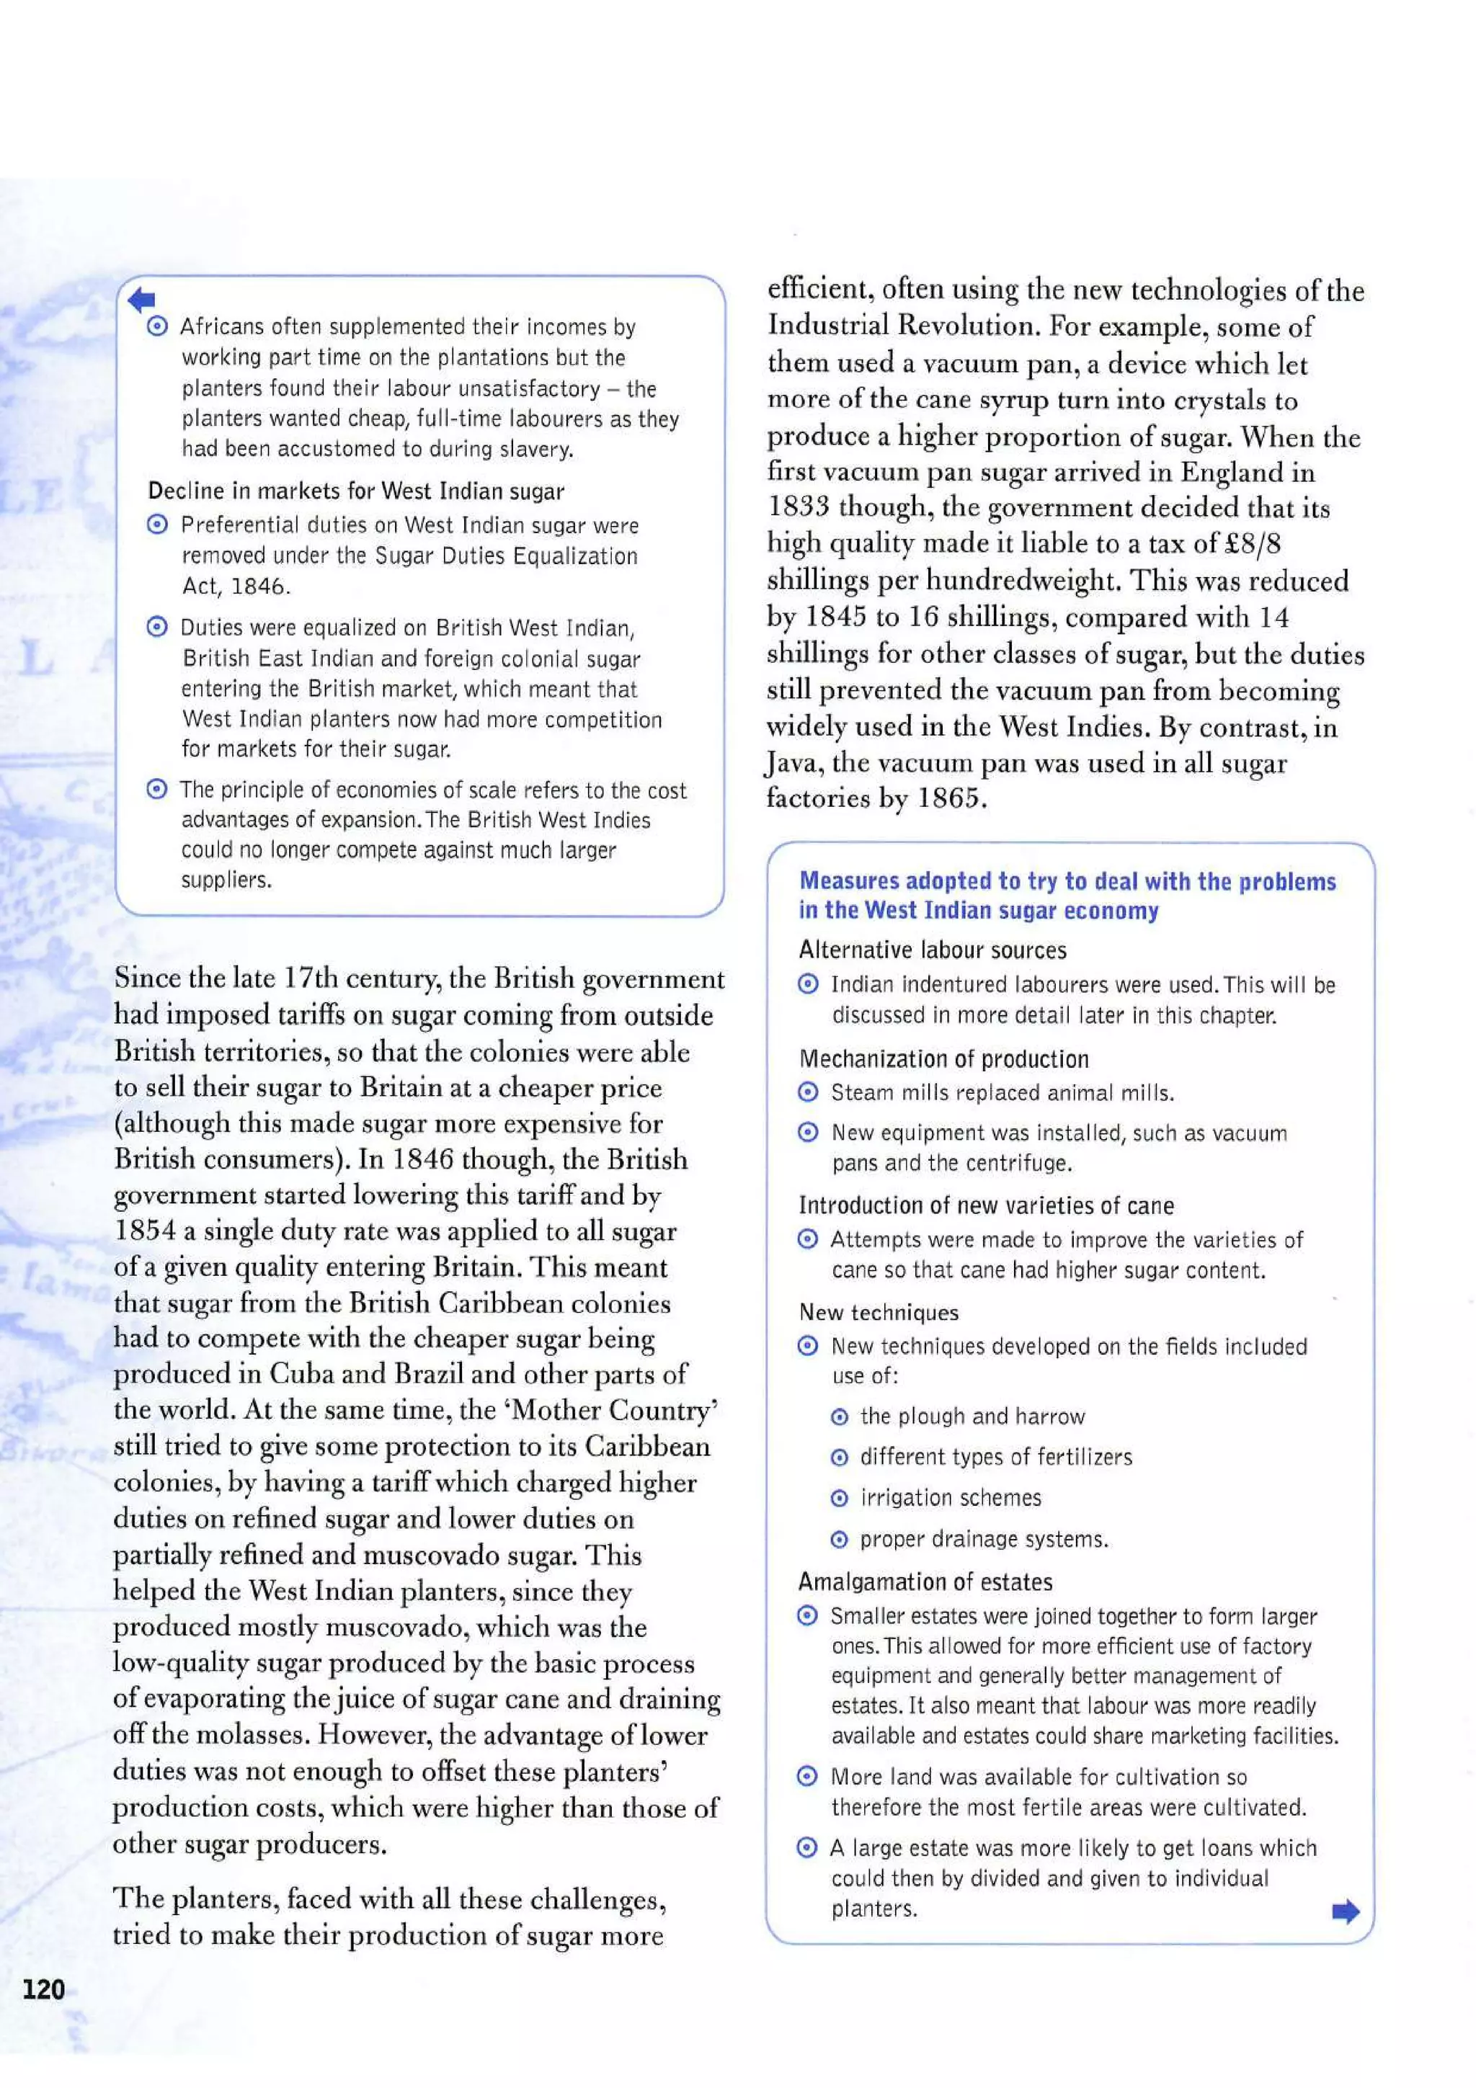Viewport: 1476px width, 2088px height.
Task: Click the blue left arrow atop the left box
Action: pyautogui.click(x=142, y=299)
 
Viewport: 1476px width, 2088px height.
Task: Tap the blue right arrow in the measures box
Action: pyautogui.click(x=1345, y=1911)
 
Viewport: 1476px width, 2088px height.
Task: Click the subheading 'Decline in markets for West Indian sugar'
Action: pyautogui.click(x=355, y=491)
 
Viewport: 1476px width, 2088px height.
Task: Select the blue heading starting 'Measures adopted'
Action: pyautogui.click(x=1067, y=895)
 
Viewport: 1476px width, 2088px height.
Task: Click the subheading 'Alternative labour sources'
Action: pyautogui.click(x=932, y=950)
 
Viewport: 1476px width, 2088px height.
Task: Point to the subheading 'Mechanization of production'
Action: pyautogui.click(x=943, y=1058)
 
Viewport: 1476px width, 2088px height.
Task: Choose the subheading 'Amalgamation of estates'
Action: pyautogui.click(x=925, y=1581)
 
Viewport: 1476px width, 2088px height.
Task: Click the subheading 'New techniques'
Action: pyautogui.click(x=878, y=1311)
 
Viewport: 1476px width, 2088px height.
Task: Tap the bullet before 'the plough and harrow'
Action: pyautogui.click(x=840, y=1416)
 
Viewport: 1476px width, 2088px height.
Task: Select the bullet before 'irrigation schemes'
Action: pyautogui.click(x=840, y=1498)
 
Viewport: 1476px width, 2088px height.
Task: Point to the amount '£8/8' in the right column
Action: pyautogui.click(x=1254, y=543)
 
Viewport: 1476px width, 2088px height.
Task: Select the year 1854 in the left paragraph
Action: pyautogui.click(x=145, y=1231)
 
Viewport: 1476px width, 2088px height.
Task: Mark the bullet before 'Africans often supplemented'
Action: pyautogui.click(x=157, y=326)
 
